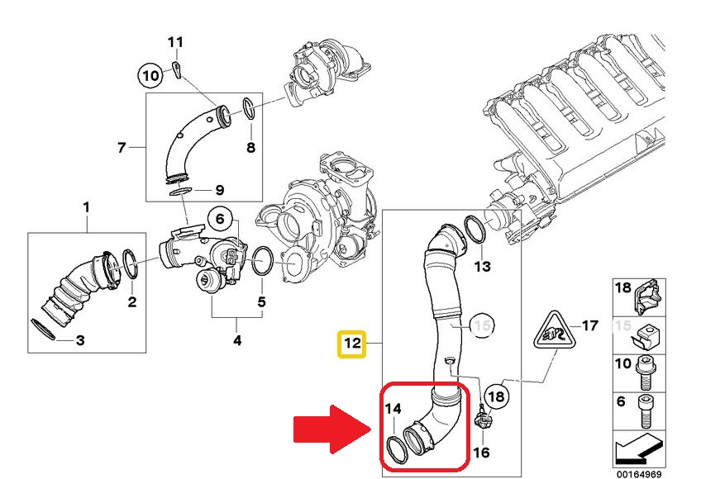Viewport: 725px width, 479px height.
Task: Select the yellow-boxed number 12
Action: click(353, 342)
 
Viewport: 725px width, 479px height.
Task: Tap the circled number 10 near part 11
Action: click(150, 76)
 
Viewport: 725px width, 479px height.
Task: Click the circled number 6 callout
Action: click(221, 220)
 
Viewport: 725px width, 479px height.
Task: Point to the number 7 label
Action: click(122, 149)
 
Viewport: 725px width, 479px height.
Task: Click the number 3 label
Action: click(80, 340)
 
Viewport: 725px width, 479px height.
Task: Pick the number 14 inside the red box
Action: click(393, 407)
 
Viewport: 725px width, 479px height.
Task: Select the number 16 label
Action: click(482, 453)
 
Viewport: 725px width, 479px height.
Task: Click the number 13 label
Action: click(482, 266)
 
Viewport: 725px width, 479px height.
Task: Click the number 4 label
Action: click(236, 339)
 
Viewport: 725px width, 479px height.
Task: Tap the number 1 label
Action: click(87, 206)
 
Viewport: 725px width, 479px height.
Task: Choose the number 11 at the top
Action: click(175, 42)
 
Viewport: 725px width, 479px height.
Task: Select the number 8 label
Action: click(250, 149)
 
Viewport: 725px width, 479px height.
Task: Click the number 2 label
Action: click(131, 301)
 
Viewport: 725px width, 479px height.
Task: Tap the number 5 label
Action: click(261, 301)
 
